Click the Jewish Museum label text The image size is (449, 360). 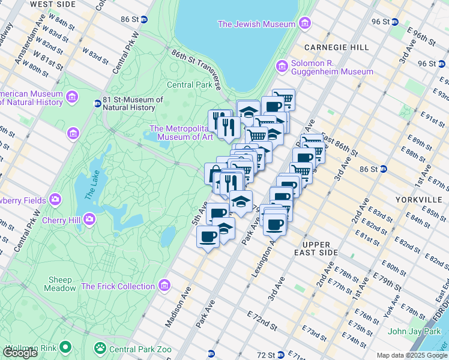pos(256,24)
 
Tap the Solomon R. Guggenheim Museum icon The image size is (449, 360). pos(281,65)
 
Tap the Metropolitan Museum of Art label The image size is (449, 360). pos(182,133)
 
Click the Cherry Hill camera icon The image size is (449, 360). pos(89,218)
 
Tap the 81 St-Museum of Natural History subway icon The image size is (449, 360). pos(97,103)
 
